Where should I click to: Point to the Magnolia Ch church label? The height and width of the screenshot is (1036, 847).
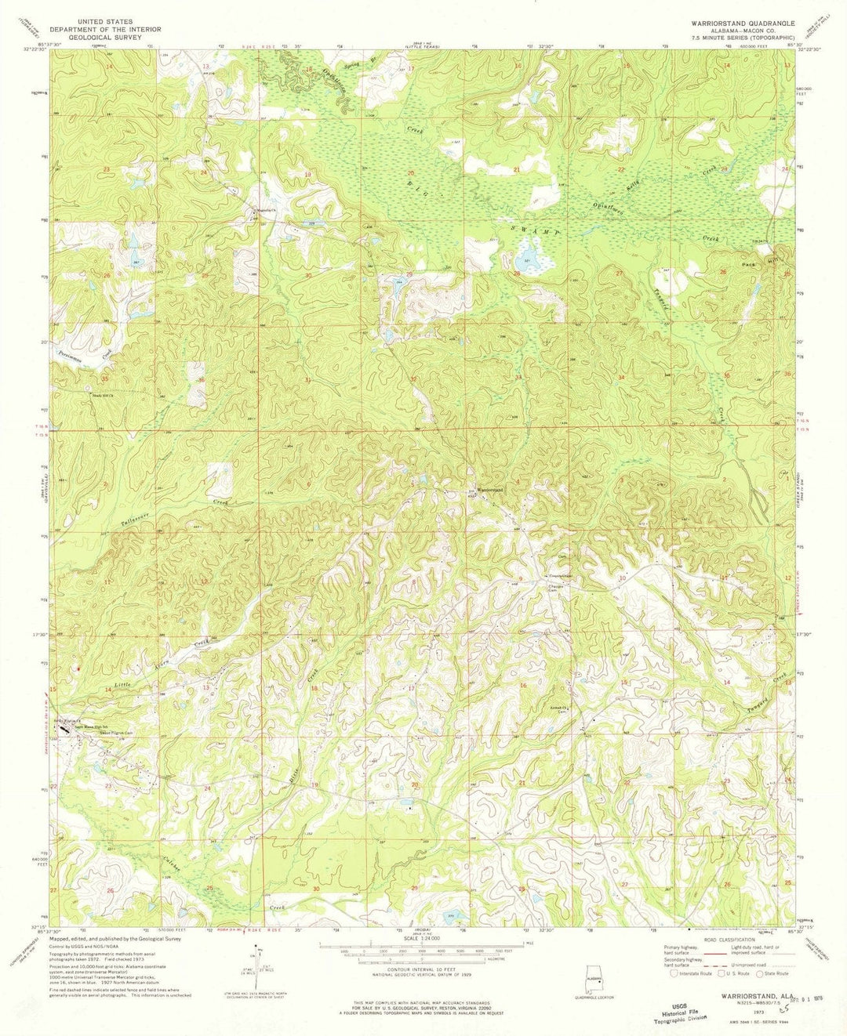click(261, 211)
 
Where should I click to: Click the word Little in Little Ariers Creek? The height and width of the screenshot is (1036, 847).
click(125, 686)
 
